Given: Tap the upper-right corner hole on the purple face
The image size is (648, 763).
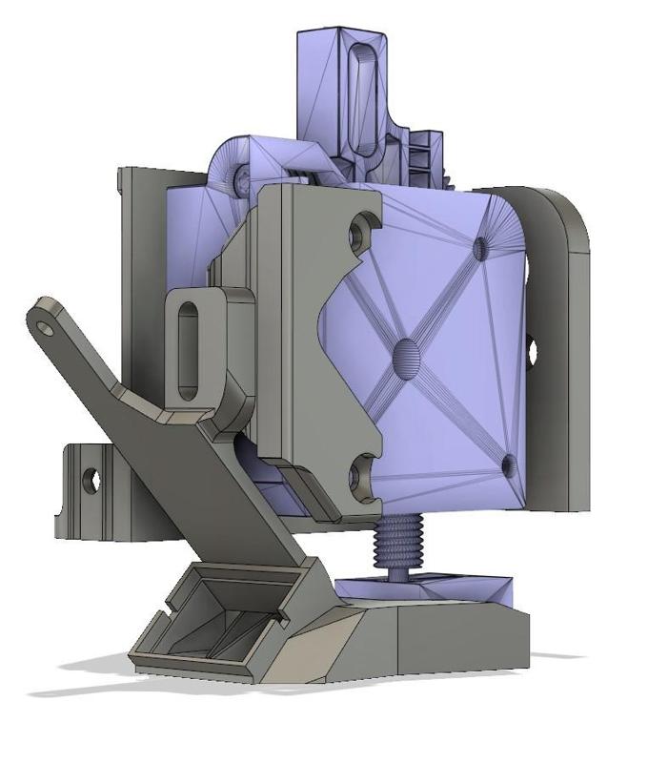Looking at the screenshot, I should click(479, 249).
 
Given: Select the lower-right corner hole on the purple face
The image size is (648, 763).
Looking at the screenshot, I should click(508, 466).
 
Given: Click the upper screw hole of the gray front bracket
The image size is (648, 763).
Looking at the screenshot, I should click(359, 231).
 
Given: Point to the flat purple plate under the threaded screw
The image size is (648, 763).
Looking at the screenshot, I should click(429, 588).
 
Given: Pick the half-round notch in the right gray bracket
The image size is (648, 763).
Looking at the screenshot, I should click(532, 349).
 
